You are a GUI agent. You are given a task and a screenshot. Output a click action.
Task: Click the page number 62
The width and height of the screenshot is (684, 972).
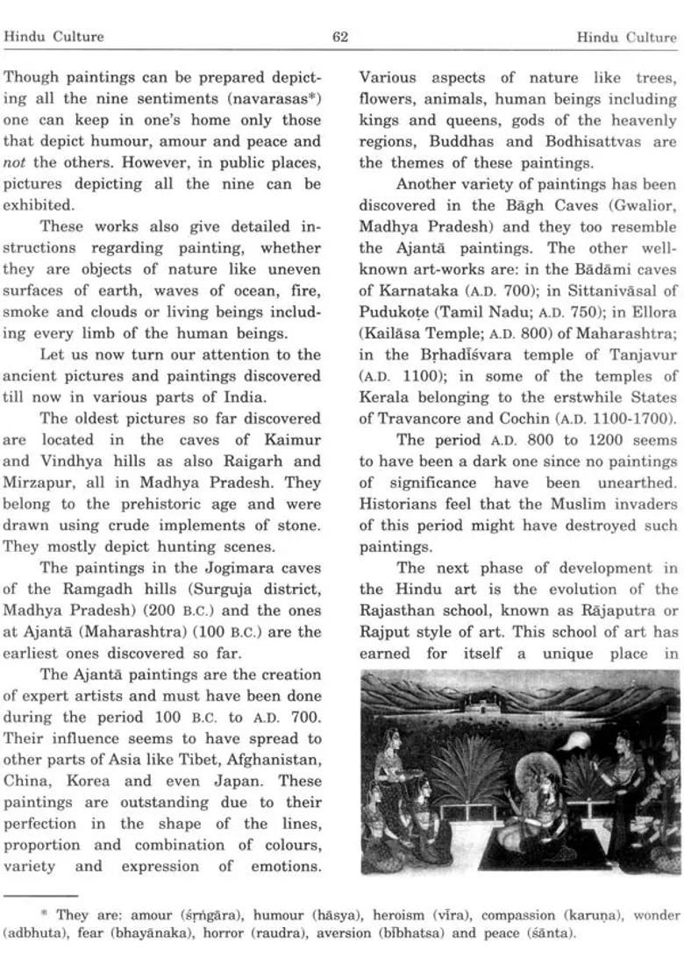coord(341,37)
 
